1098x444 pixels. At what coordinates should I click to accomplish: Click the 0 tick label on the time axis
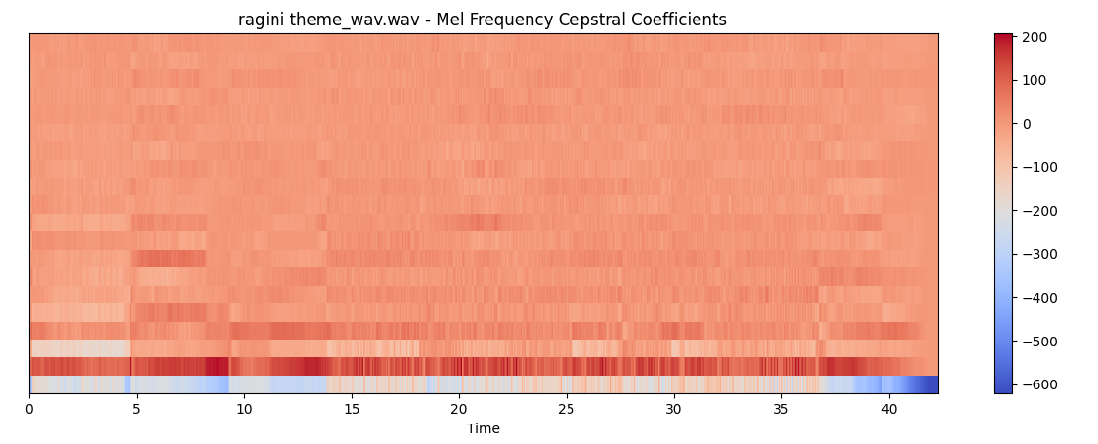(29, 409)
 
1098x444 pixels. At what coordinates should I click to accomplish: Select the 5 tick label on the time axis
(137, 409)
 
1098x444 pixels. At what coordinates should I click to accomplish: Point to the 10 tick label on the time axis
(244, 409)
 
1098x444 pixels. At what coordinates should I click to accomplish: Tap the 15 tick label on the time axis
(352, 409)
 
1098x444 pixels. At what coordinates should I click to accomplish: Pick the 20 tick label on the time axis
(459, 409)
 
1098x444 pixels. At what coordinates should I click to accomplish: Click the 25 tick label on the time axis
(567, 409)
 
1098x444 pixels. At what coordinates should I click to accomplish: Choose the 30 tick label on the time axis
(674, 409)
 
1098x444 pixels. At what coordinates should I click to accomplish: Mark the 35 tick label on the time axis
(781, 409)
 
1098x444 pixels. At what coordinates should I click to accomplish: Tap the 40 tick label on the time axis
(889, 409)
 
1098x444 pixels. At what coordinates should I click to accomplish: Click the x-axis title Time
(483, 428)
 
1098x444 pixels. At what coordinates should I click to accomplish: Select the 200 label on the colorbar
(1035, 37)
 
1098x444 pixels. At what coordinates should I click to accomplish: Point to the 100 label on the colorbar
(1035, 80)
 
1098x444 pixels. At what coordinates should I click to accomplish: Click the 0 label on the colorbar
(1028, 124)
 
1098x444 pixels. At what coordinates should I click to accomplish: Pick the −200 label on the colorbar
(1038, 211)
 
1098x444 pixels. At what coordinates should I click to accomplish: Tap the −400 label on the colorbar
(1038, 298)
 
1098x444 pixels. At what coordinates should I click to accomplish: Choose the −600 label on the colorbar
(1038, 384)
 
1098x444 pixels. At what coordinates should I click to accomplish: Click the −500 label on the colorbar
(1038, 342)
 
